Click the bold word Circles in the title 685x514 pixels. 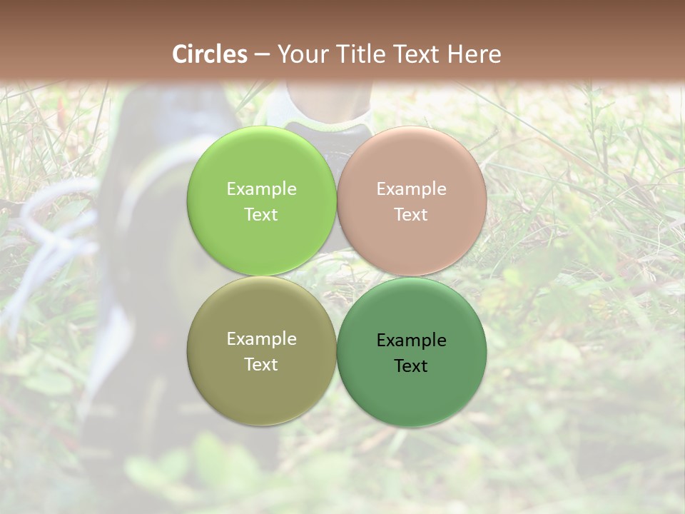[210, 54]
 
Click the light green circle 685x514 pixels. [261, 164]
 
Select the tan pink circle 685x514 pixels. [412, 164]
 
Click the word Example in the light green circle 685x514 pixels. [261, 189]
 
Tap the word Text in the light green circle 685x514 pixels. [261, 215]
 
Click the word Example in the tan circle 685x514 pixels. [411, 189]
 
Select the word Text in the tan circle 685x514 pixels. [411, 215]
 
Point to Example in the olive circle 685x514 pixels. [261, 339]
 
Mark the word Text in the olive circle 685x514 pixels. [261, 365]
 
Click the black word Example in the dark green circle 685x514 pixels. [411, 341]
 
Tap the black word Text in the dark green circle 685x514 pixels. [411, 366]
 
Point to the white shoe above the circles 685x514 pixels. [328, 107]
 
